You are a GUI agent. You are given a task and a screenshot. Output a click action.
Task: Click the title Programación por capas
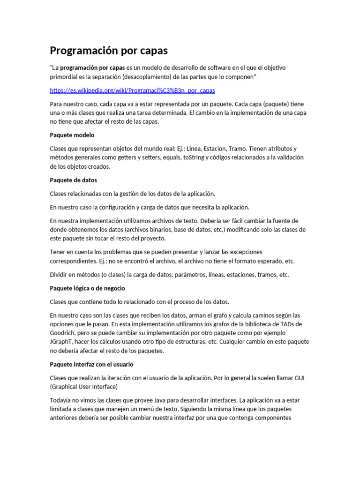pyautogui.click(x=109, y=50)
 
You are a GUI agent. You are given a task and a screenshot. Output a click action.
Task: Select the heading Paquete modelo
pyautogui.click(x=72, y=135)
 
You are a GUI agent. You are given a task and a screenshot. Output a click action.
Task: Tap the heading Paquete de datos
pyautogui.click(x=73, y=180)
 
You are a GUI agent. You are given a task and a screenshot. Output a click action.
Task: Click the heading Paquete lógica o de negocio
pyautogui.click(x=87, y=288)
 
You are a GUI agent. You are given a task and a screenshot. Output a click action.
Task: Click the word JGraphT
pyautogui.click(x=61, y=342)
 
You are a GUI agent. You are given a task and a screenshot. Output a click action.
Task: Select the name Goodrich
pyautogui.click(x=63, y=333)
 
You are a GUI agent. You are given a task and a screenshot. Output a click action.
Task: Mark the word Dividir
pyautogui.click(x=60, y=275)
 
